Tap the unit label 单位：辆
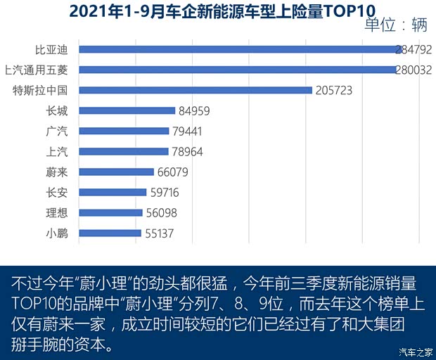click(x=396, y=26)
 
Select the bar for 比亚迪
click(x=240, y=49)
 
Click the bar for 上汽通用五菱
click(x=238, y=70)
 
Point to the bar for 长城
click(x=127, y=110)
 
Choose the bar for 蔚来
click(x=116, y=172)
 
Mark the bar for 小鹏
click(x=110, y=233)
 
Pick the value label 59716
click(x=166, y=192)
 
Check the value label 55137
click(x=161, y=233)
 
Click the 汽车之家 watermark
click(x=415, y=352)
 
